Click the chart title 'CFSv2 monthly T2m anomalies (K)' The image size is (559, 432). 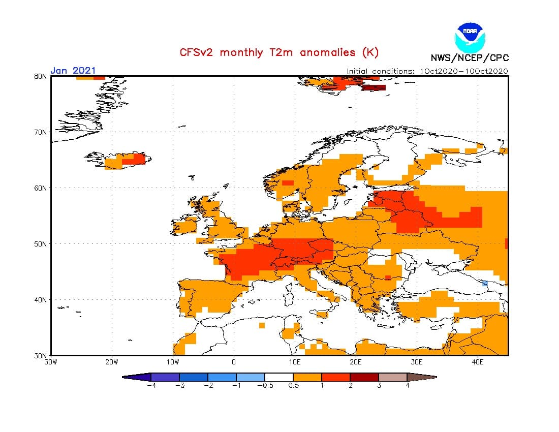(279, 52)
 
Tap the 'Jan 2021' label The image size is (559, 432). (73, 71)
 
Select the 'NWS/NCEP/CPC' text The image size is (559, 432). (470, 57)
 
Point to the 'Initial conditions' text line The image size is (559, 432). (427, 71)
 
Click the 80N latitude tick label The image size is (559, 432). (41, 76)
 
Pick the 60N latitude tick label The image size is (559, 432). (41, 188)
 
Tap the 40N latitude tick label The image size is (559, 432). (41, 300)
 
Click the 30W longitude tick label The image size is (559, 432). (51, 362)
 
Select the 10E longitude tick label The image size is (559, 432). (295, 362)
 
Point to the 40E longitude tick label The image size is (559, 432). (478, 362)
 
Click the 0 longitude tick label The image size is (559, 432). (234, 362)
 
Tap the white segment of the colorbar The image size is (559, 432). (279, 377)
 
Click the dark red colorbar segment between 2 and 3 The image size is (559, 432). (364, 377)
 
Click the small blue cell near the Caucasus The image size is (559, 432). (485, 283)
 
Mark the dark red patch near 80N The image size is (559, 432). (374, 87)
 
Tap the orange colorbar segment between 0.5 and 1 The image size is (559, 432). (307, 377)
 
